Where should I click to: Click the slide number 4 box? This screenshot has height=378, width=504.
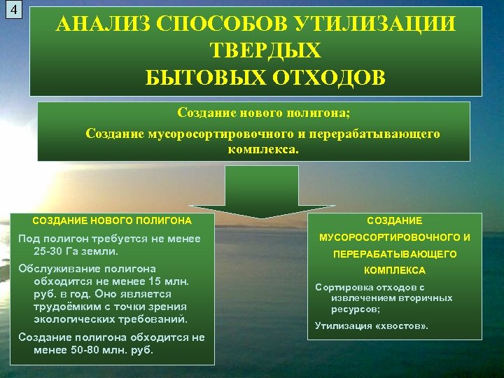point(13,12)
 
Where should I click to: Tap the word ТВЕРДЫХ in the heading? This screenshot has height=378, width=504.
point(265,50)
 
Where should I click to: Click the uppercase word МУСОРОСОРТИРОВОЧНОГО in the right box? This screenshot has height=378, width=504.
point(395,237)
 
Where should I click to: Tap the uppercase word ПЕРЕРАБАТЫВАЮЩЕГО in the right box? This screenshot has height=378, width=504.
point(395,254)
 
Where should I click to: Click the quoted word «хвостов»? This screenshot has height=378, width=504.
point(400,325)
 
